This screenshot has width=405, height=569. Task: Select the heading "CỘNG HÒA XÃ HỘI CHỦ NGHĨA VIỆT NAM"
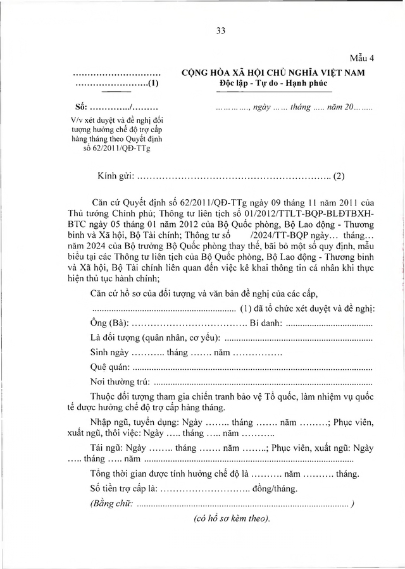[x=273, y=73]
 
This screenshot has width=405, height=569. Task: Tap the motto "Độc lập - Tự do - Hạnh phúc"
[x=273, y=84]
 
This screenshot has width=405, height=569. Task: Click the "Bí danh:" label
[x=266, y=324]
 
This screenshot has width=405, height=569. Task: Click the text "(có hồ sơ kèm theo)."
[x=232, y=518]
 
